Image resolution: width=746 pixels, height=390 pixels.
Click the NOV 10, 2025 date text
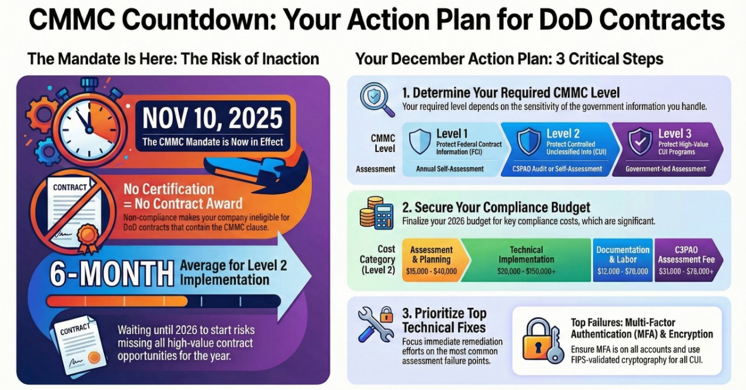click(x=213, y=119)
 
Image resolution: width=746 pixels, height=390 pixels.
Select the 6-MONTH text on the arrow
click(x=112, y=273)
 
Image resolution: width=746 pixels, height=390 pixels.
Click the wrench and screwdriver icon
click(x=375, y=324)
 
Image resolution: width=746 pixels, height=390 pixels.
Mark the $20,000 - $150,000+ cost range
click(x=526, y=271)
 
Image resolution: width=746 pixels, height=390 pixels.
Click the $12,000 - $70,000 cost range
click(x=623, y=271)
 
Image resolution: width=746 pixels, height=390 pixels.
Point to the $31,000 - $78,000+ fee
click(x=685, y=271)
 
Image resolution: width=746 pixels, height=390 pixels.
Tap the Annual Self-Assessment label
click(x=450, y=169)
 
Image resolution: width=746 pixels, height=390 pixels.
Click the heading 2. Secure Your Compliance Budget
click(x=496, y=207)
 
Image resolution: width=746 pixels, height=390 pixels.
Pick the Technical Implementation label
click(x=526, y=254)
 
